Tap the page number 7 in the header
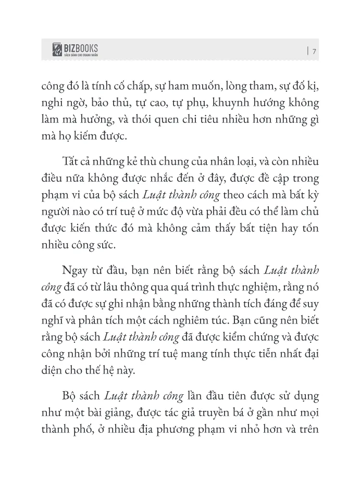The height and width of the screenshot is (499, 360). tap(315, 51)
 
